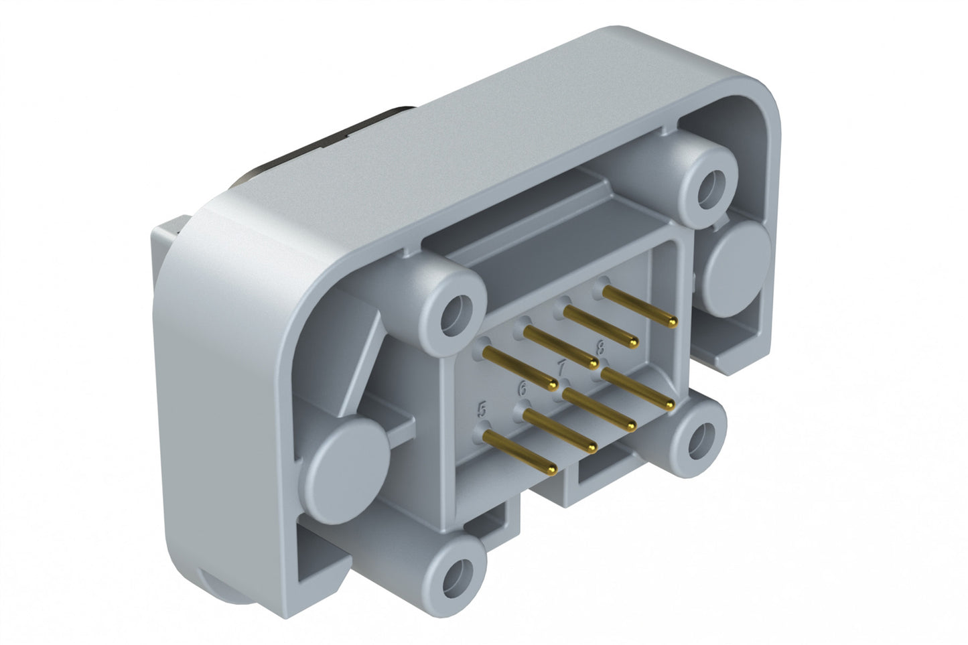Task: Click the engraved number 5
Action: click(481, 409)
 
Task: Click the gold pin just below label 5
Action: click(519, 453)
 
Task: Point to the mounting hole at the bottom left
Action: click(462, 573)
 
